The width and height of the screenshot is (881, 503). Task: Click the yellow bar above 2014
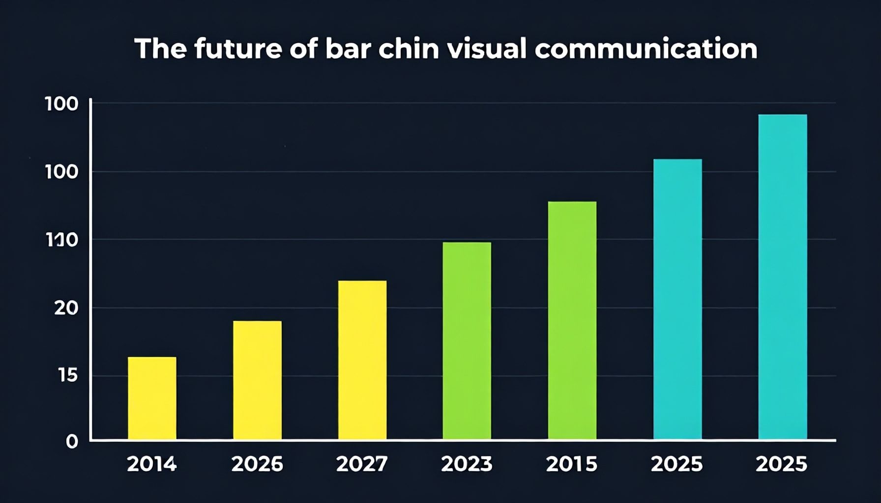(x=152, y=398)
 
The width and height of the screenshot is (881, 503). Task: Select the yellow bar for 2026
(x=257, y=380)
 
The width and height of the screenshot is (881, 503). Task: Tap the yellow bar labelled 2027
(x=362, y=360)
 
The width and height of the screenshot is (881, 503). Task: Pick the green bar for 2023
(x=467, y=340)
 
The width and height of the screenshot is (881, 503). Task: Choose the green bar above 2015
(x=572, y=320)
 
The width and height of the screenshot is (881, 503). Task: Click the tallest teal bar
(x=782, y=277)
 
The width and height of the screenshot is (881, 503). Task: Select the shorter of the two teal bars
(x=677, y=299)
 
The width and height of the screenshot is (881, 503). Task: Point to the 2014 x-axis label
(x=152, y=464)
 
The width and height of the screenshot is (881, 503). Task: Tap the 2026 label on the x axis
(x=257, y=464)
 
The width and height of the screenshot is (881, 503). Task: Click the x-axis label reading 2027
(x=362, y=464)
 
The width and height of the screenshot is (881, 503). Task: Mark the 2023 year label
(x=467, y=464)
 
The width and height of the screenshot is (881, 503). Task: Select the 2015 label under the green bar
(x=572, y=464)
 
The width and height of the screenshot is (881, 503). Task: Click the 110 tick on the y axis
(x=61, y=240)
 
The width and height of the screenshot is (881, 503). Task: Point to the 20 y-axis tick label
(x=66, y=308)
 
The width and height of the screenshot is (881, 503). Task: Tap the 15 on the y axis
(x=68, y=376)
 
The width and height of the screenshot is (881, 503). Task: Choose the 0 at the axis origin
(x=72, y=442)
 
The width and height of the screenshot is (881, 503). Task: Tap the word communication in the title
(x=646, y=49)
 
